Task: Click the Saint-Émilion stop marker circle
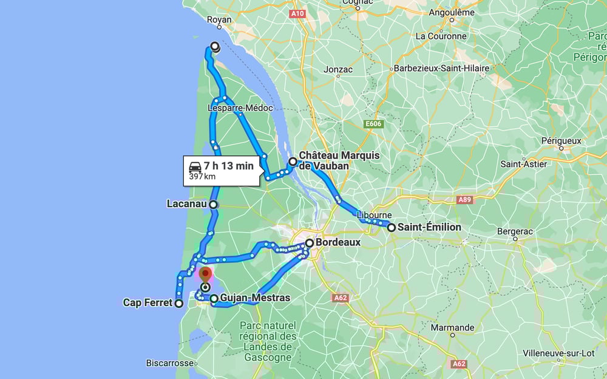pyautogui.click(x=392, y=228)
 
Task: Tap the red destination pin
pyautogui.click(x=205, y=275)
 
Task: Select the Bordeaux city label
pyautogui.click(x=338, y=242)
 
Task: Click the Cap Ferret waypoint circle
pyautogui.click(x=178, y=303)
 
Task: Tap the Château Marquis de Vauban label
pyautogui.click(x=339, y=161)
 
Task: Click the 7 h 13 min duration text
pyautogui.click(x=229, y=166)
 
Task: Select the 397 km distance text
pyautogui.click(x=202, y=177)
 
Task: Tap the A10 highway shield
pyautogui.click(x=297, y=13)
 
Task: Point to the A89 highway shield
pyautogui.click(x=464, y=199)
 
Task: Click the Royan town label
pyautogui.click(x=220, y=20)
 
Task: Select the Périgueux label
pyautogui.click(x=561, y=141)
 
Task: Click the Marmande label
pyautogui.click(x=452, y=327)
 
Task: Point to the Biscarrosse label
pyautogui.click(x=169, y=363)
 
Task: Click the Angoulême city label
pyautogui.click(x=452, y=12)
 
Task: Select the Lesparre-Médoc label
pyautogui.click(x=240, y=108)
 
